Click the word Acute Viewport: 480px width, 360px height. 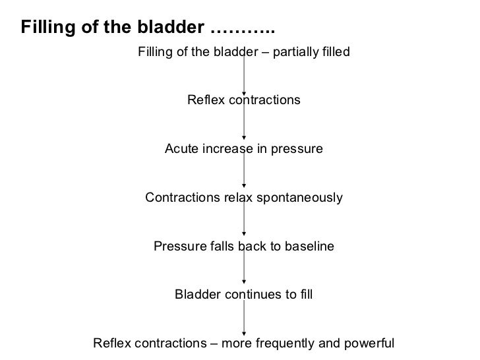click(180, 149)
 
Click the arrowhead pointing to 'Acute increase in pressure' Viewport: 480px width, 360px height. click(245, 138)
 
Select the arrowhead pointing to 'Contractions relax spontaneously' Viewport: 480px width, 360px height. click(245, 186)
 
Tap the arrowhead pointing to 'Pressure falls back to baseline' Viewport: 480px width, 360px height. click(245, 234)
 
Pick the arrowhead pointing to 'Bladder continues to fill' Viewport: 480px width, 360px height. click(245, 283)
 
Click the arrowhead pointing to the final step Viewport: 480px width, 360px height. click(245, 332)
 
